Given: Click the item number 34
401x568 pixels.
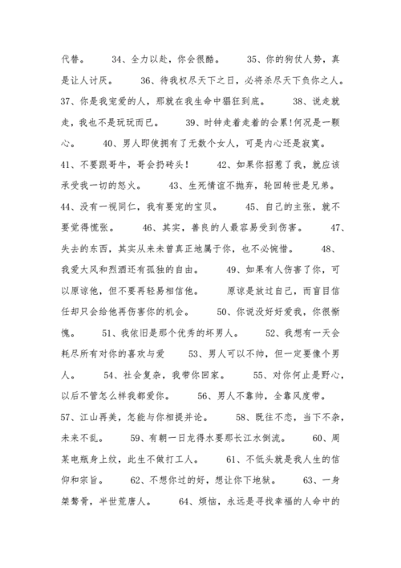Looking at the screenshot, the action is (x=117, y=59).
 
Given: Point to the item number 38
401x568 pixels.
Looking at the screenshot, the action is (x=300, y=101).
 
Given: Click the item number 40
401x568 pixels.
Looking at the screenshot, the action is (x=109, y=143).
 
